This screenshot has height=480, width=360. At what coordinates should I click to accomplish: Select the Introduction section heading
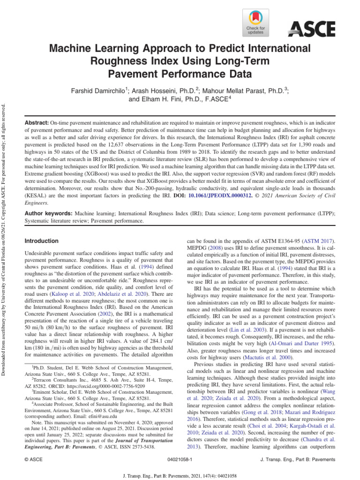(41, 241)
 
